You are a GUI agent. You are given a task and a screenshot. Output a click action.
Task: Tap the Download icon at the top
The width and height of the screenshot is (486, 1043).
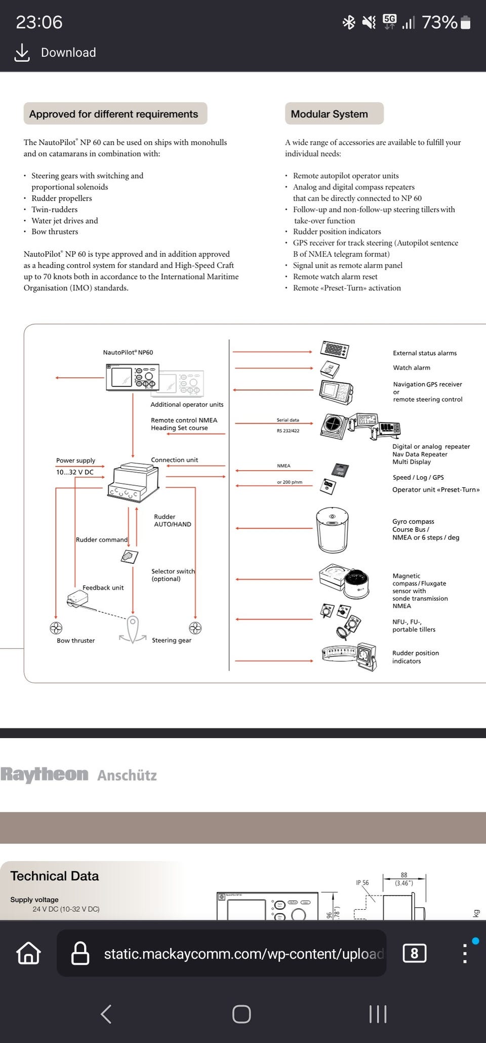point(22,53)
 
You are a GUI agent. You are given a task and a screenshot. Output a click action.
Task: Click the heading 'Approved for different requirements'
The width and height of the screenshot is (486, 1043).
point(114,114)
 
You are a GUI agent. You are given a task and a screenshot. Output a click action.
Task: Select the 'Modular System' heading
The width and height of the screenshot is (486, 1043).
point(329,114)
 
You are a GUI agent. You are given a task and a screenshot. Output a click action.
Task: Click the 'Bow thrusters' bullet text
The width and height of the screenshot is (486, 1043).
point(55,232)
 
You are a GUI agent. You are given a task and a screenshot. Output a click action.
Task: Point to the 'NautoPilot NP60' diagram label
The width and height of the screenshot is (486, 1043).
point(128,353)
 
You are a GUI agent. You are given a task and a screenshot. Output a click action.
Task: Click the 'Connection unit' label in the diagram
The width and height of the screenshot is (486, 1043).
point(174,460)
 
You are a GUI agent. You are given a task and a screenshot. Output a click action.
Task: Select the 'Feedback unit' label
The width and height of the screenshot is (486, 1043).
point(103,588)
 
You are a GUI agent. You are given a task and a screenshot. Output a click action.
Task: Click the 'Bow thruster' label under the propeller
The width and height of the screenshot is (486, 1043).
point(76,641)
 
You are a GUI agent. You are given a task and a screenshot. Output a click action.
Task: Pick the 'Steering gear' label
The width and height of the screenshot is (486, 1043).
point(172,640)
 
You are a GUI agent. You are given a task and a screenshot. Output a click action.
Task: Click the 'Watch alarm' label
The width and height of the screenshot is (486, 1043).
point(412,368)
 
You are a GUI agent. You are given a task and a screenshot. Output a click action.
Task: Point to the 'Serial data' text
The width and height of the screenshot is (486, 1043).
point(288,420)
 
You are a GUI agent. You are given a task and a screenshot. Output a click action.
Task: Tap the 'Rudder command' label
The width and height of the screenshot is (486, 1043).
point(102,540)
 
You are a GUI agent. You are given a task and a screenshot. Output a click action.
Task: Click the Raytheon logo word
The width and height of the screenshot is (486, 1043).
point(44,775)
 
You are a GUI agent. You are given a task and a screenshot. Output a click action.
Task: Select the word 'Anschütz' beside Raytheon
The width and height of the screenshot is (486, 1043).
point(127,776)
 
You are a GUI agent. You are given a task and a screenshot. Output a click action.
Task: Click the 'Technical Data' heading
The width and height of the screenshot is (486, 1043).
point(55,876)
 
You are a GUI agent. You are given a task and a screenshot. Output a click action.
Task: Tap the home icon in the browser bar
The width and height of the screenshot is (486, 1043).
point(29,953)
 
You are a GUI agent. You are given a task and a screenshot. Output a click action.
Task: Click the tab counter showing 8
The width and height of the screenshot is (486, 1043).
point(414,953)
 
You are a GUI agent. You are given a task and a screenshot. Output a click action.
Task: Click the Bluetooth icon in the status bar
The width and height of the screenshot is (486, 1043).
point(349,22)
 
